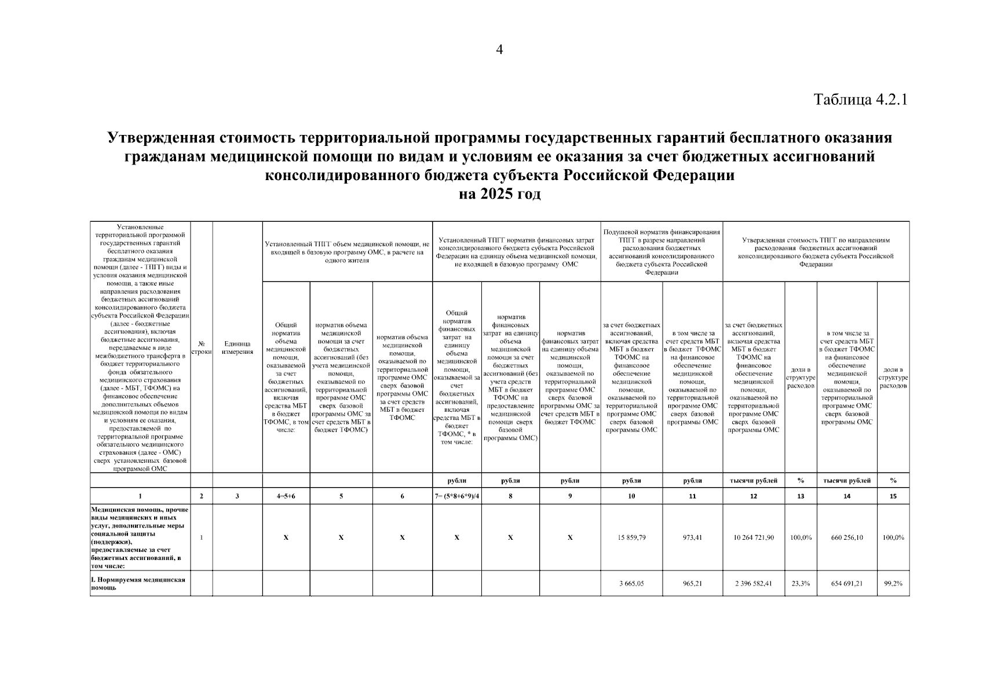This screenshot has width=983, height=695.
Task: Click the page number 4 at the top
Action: [x=499, y=50]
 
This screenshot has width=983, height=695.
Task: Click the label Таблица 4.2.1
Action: [x=860, y=100]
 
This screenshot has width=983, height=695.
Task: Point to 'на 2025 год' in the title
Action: [x=499, y=194]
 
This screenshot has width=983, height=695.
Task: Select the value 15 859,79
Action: [x=631, y=537]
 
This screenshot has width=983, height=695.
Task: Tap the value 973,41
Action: [x=692, y=537]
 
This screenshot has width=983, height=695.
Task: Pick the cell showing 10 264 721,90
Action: [x=753, y=537]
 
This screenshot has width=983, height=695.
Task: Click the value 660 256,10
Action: [x=847, y=537]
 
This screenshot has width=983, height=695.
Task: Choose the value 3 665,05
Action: [x=631, y=584]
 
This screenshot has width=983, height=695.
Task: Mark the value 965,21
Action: [x=692, y=584]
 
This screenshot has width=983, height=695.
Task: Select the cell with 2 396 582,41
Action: [x=753, y=584]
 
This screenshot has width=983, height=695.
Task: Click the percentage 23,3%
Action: [x=801, y=584]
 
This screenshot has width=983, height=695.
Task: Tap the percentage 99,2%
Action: [x=893, y=584]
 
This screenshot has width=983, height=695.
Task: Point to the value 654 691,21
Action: [x=847, y=584]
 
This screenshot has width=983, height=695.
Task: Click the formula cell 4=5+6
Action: [x=286, y=496]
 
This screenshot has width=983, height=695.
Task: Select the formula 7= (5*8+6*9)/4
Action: [x=456, y=496]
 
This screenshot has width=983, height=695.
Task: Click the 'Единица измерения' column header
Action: [x=237, y=348]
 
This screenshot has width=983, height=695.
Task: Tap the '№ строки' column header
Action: [x=202, y=348]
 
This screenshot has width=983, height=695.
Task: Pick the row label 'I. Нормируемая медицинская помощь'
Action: [x=139, y=584]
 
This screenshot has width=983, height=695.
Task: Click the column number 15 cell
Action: [x=893, y=496]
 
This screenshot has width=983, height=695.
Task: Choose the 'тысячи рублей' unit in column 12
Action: [x=753, y=481]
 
